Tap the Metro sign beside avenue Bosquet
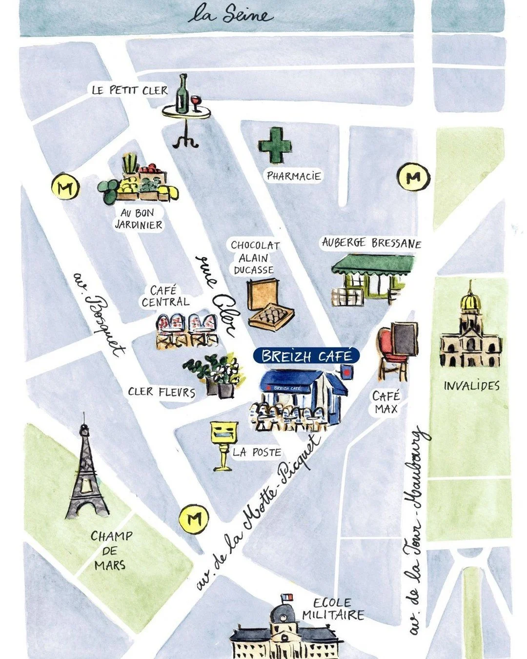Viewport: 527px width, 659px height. coord(65,187)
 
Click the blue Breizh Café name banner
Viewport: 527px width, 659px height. coord(306,355)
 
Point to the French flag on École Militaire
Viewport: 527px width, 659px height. coord(284,598)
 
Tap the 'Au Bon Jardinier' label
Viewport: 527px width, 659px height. coord(138,219)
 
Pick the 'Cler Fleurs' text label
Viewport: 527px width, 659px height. coord(162,392)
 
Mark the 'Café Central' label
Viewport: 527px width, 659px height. coord(164,297)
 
